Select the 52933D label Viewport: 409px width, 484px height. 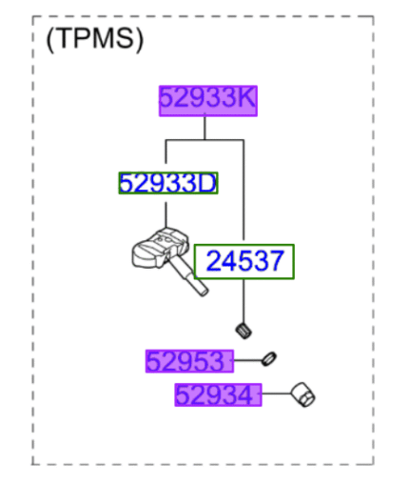click(167, 182)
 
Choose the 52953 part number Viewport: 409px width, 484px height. click(188, 361)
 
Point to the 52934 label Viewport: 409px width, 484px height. click(217, 393)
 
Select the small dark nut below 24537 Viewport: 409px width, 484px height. click(243, 331)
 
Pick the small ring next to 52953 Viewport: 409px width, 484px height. click(270, 359)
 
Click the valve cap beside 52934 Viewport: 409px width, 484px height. click(303, 393)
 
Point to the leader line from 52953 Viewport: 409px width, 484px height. click(246, 360)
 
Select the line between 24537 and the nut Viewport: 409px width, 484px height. click(244, 300)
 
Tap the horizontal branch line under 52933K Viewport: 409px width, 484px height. click(206, 140)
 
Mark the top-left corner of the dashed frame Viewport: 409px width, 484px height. click(33, 16)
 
